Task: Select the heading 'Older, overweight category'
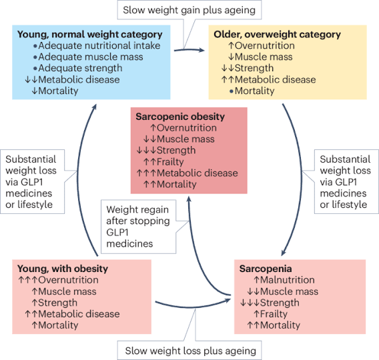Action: [277, 34]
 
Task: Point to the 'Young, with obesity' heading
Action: [63, 269]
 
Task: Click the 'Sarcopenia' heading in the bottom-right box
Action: [266, 269]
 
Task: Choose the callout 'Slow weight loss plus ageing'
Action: [189, 351]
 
